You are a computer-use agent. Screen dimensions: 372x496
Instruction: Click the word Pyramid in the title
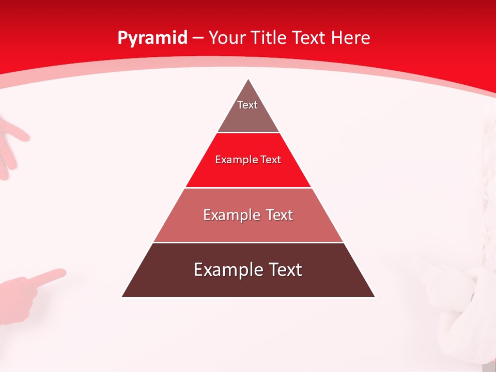152,38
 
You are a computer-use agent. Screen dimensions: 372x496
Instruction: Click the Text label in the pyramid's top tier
247,105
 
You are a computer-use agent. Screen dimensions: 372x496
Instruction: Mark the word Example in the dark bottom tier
225,270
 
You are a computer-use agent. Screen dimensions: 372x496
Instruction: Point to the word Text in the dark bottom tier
283,270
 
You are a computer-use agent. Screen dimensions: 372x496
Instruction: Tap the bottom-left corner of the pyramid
122,297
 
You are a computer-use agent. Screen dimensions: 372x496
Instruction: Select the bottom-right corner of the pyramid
375,297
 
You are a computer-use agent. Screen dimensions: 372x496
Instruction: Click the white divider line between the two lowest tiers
248,242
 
